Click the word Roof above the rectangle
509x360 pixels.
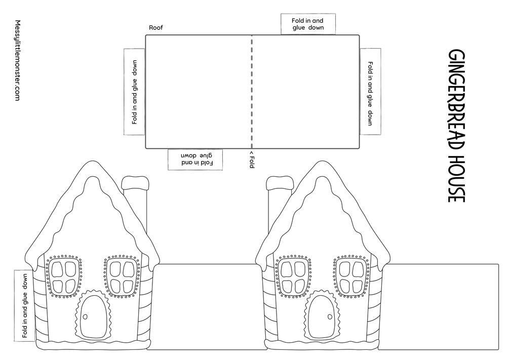point(156,27)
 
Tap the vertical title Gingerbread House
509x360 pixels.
point(456,126)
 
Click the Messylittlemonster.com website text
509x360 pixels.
point(18,60)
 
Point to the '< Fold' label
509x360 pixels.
point(251,159)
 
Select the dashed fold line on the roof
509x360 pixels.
point(252,92)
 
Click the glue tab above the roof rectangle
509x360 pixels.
point(308,24)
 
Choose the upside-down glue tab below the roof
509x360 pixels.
point(195,159)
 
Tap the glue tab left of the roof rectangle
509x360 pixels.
point(134,92)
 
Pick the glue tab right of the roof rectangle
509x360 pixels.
point(370,92)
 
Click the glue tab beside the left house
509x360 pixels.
point(24,305)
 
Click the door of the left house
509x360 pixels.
point(94,316)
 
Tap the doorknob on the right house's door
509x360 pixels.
point(330,317)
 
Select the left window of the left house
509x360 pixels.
point(63,276)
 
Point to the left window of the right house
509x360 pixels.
point(293,276)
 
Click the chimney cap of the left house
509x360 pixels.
point(135,183)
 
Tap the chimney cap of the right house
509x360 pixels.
point(280,183)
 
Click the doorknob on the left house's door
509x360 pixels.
point(86,317)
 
